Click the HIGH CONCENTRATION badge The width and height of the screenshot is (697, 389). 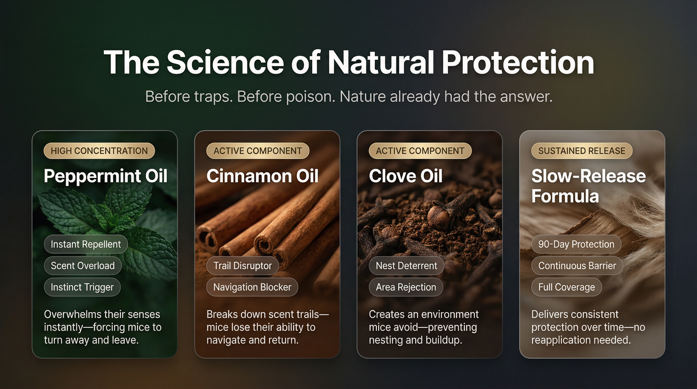pyautogui.click(x=99, y=151)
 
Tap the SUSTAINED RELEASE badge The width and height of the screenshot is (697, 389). pyautogui.click(x=582, y=151)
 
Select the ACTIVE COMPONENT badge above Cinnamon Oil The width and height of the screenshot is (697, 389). pyautogui.click(x=258, y=151)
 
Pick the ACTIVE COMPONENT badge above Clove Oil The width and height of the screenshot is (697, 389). pyautogui.click(x=420, y=151)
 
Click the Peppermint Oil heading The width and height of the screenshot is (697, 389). pyautogui.click(x=106, y=176)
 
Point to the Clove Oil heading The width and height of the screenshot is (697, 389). pyautogui.click(x=405, y=176)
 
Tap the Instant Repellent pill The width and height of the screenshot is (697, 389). pyautogui.click(x=86, y=244)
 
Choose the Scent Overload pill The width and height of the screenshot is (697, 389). pyautogui.click(x=83, y=266)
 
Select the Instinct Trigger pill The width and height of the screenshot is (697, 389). pyautogui.click(x=82, y=287)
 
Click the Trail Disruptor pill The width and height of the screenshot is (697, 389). pyautogui.click(x=243, y=266)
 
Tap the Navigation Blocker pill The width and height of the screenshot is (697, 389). pyautogui.click(x=252, y=287)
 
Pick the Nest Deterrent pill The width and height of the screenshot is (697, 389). pyautogui.click(x=406, y=266)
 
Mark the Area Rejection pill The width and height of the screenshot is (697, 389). pyautogui.click(x=406, y=287)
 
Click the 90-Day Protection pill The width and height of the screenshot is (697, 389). pyautogui.click(x=576, y=244)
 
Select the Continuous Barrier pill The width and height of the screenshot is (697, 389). pyautogui.click(x=577, y=266)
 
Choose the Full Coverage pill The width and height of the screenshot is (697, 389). pyautogui.click(x=567, y=287)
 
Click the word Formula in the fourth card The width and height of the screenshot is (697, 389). pyautogui.click(x=565, y=196)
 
